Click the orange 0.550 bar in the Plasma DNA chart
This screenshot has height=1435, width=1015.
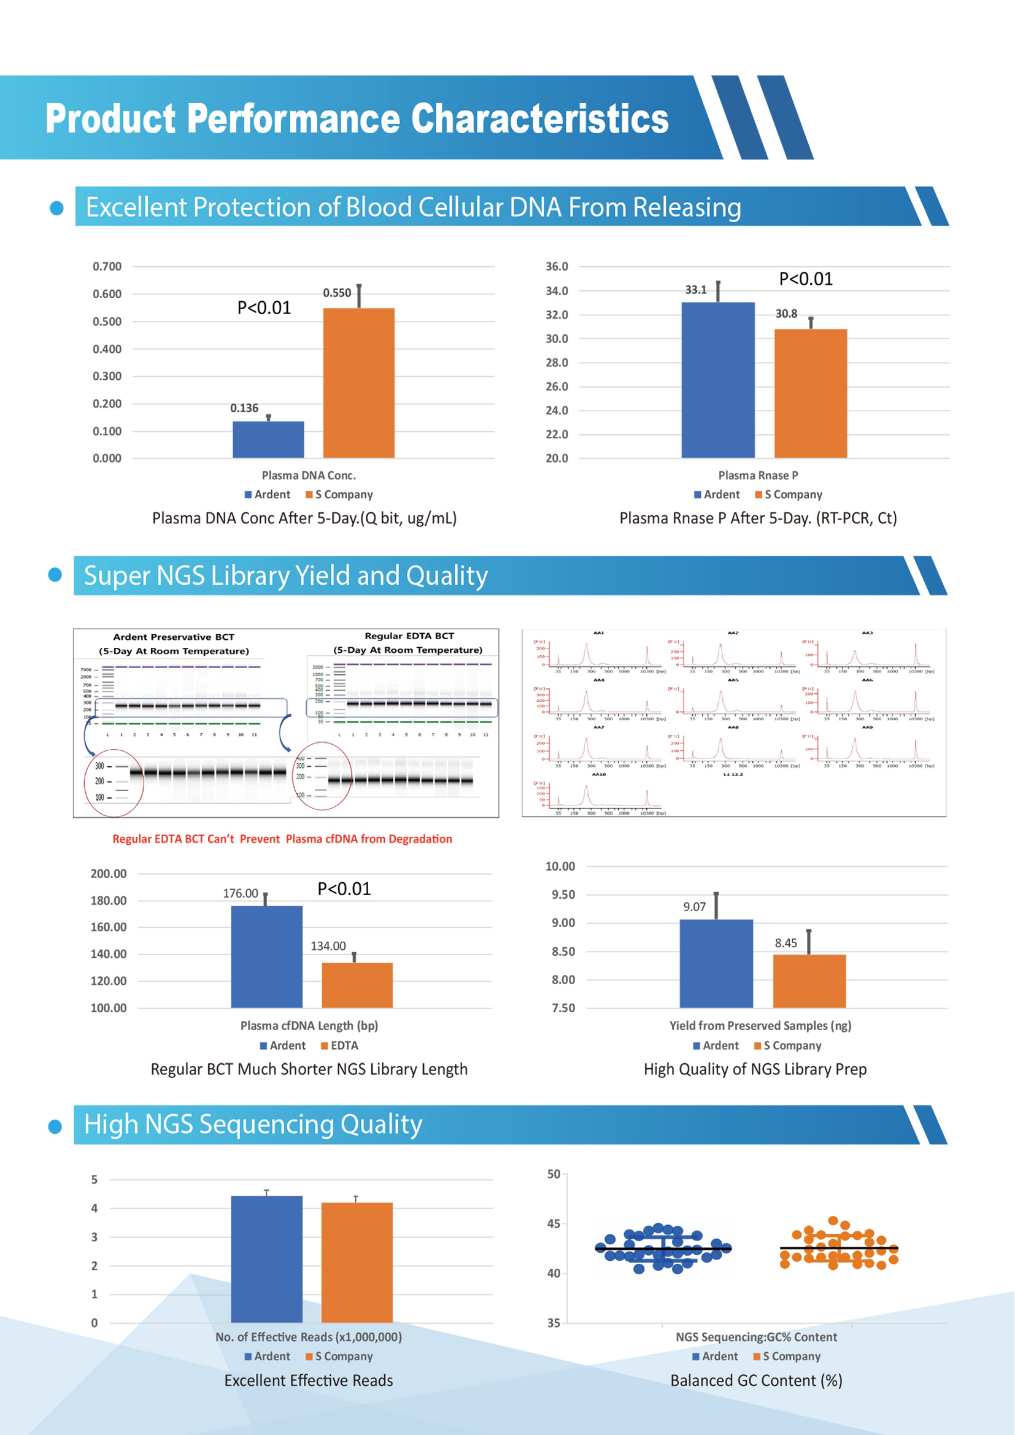point(359,382)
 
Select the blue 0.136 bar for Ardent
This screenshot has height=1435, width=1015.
point(268,439)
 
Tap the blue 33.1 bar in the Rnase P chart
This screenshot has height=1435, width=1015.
point(717,380)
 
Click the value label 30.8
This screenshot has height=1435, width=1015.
point(785,314)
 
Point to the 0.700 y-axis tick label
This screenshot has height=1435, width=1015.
point(107,267)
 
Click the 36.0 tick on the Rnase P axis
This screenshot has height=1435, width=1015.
point(556,267)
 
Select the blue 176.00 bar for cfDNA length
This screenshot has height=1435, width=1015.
point(266,956)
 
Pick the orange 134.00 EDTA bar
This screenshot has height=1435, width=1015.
point(357,985)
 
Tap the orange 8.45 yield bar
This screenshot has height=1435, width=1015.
point(809,980)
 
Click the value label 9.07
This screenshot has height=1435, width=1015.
point(694,907)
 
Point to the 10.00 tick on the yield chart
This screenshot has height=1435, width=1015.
point(560,866)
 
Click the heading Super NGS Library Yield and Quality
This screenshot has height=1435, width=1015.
point(285,575)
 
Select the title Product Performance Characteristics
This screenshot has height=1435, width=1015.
point(357,119)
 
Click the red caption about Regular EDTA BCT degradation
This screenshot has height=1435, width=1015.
point(282,839)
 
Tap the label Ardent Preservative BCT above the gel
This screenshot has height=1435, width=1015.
point(174,637)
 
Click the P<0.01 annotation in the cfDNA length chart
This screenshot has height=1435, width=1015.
point(344,889)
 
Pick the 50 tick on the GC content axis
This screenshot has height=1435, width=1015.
point(553,1174)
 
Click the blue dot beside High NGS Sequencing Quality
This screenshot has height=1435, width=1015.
point(55,1126)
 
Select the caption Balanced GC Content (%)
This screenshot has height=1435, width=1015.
point(756,1380)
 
